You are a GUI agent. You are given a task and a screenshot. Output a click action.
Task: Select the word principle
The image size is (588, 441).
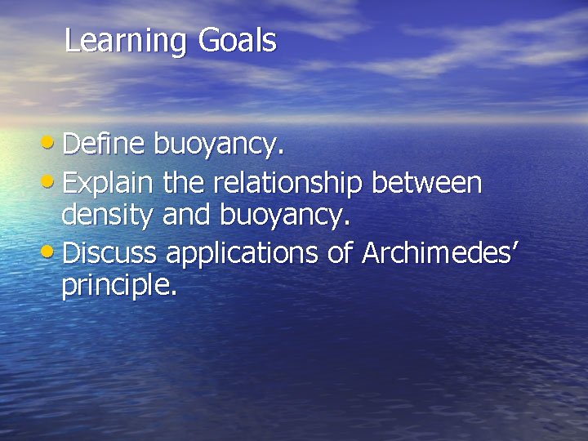114,287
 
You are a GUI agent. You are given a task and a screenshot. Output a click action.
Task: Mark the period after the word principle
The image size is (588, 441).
172,294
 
